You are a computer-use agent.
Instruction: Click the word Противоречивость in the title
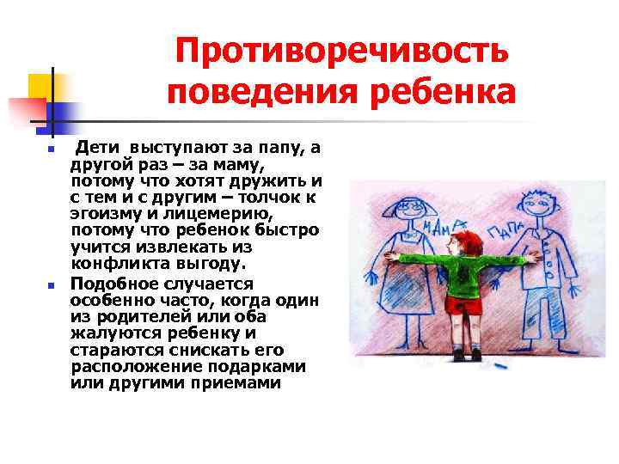[x=342, y=53]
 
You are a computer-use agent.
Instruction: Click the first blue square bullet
[x=51, y=150]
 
